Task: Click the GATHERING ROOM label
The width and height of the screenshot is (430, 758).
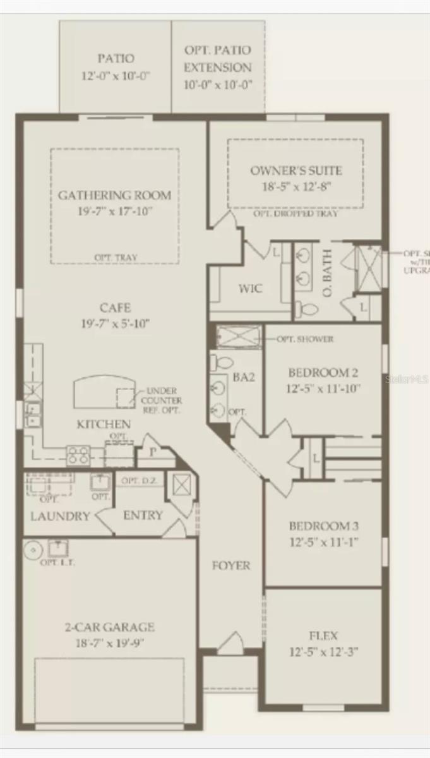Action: [x=114, y=195]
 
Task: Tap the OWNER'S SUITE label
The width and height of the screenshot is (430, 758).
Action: [x=296, y=171]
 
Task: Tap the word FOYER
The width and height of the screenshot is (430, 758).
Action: [x=231, y=565]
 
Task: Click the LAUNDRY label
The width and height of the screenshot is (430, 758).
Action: [x=61, y=516]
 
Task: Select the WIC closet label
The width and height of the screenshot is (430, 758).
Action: [x=250, y=289]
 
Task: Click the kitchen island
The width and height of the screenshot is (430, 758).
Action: [x=105, y=393]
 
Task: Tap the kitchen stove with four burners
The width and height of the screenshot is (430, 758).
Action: [x=78, y=455]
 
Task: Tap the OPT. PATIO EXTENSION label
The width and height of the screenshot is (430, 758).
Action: [x=218, y=58]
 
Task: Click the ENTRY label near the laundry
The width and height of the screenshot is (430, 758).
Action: [x=143, y=515]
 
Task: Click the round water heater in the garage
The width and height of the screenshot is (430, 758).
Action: [x=33, y=550]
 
